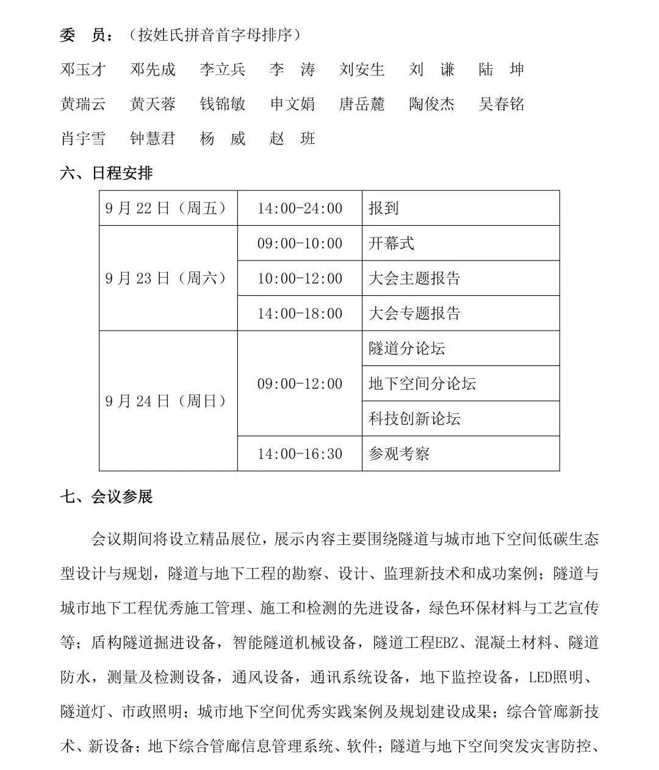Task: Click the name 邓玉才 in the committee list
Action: coord(83,70)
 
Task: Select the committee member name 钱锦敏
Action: coord(223,104)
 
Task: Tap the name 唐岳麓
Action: coord(362,104)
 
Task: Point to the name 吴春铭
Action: coord(502,104)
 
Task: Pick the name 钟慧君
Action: coord(153,139)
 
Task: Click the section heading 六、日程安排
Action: coord(106,173)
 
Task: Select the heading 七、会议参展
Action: coord(106,497)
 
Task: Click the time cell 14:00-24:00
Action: coord(300,209)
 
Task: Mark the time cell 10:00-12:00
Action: coord(300,279)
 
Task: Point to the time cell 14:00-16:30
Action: coord(300,454)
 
